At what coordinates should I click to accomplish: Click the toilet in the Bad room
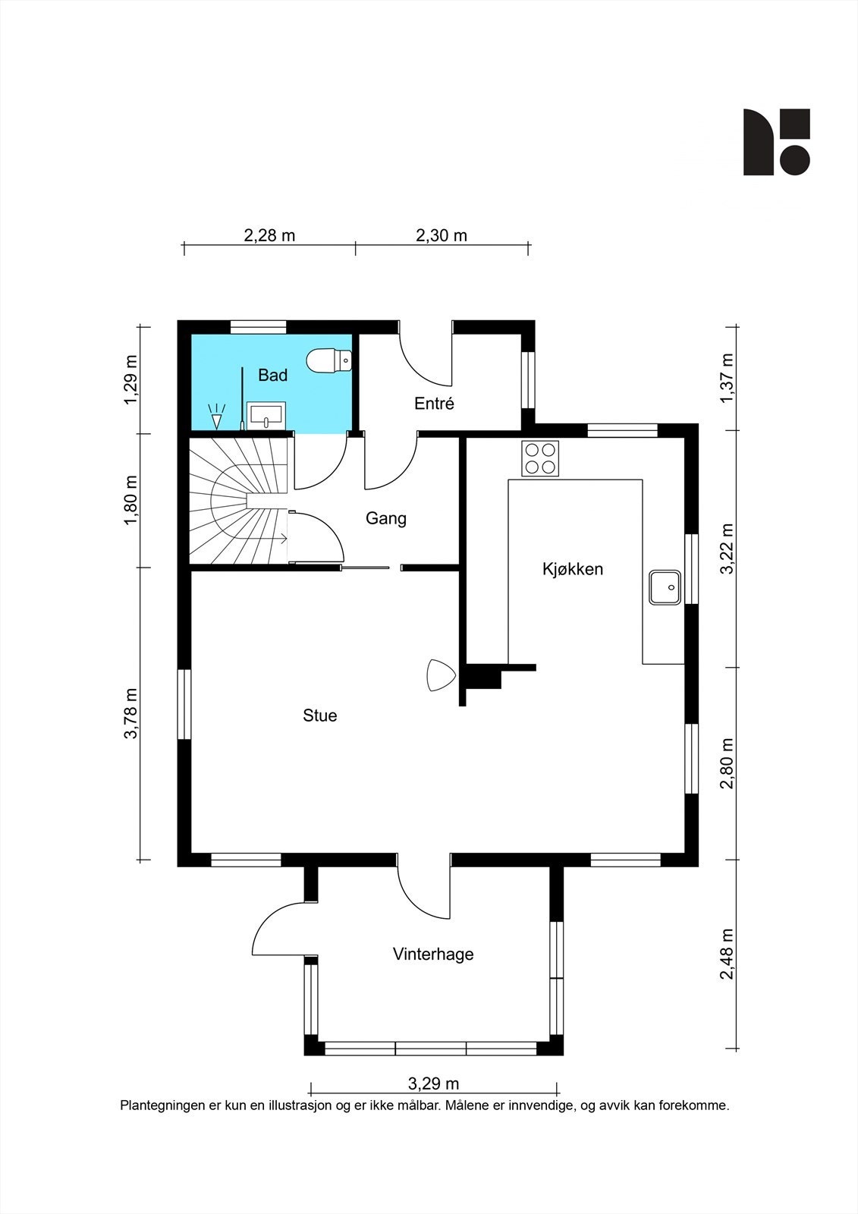(329, 360)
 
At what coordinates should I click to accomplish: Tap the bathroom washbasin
(266, 416)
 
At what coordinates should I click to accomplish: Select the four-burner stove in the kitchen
(540, 458)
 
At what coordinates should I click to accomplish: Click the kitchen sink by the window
(665, 587)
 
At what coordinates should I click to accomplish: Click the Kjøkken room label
(573, 570)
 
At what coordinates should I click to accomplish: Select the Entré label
(434, 403)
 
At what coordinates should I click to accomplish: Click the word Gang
(386, 519)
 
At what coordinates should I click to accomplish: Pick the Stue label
(320, 716)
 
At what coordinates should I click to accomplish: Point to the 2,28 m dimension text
(269, 236)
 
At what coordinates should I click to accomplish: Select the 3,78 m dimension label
(131, 713)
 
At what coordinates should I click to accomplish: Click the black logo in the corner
(777, 142)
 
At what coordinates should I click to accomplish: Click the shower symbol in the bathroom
(216, 417)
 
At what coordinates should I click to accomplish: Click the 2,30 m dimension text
(442, 236)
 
